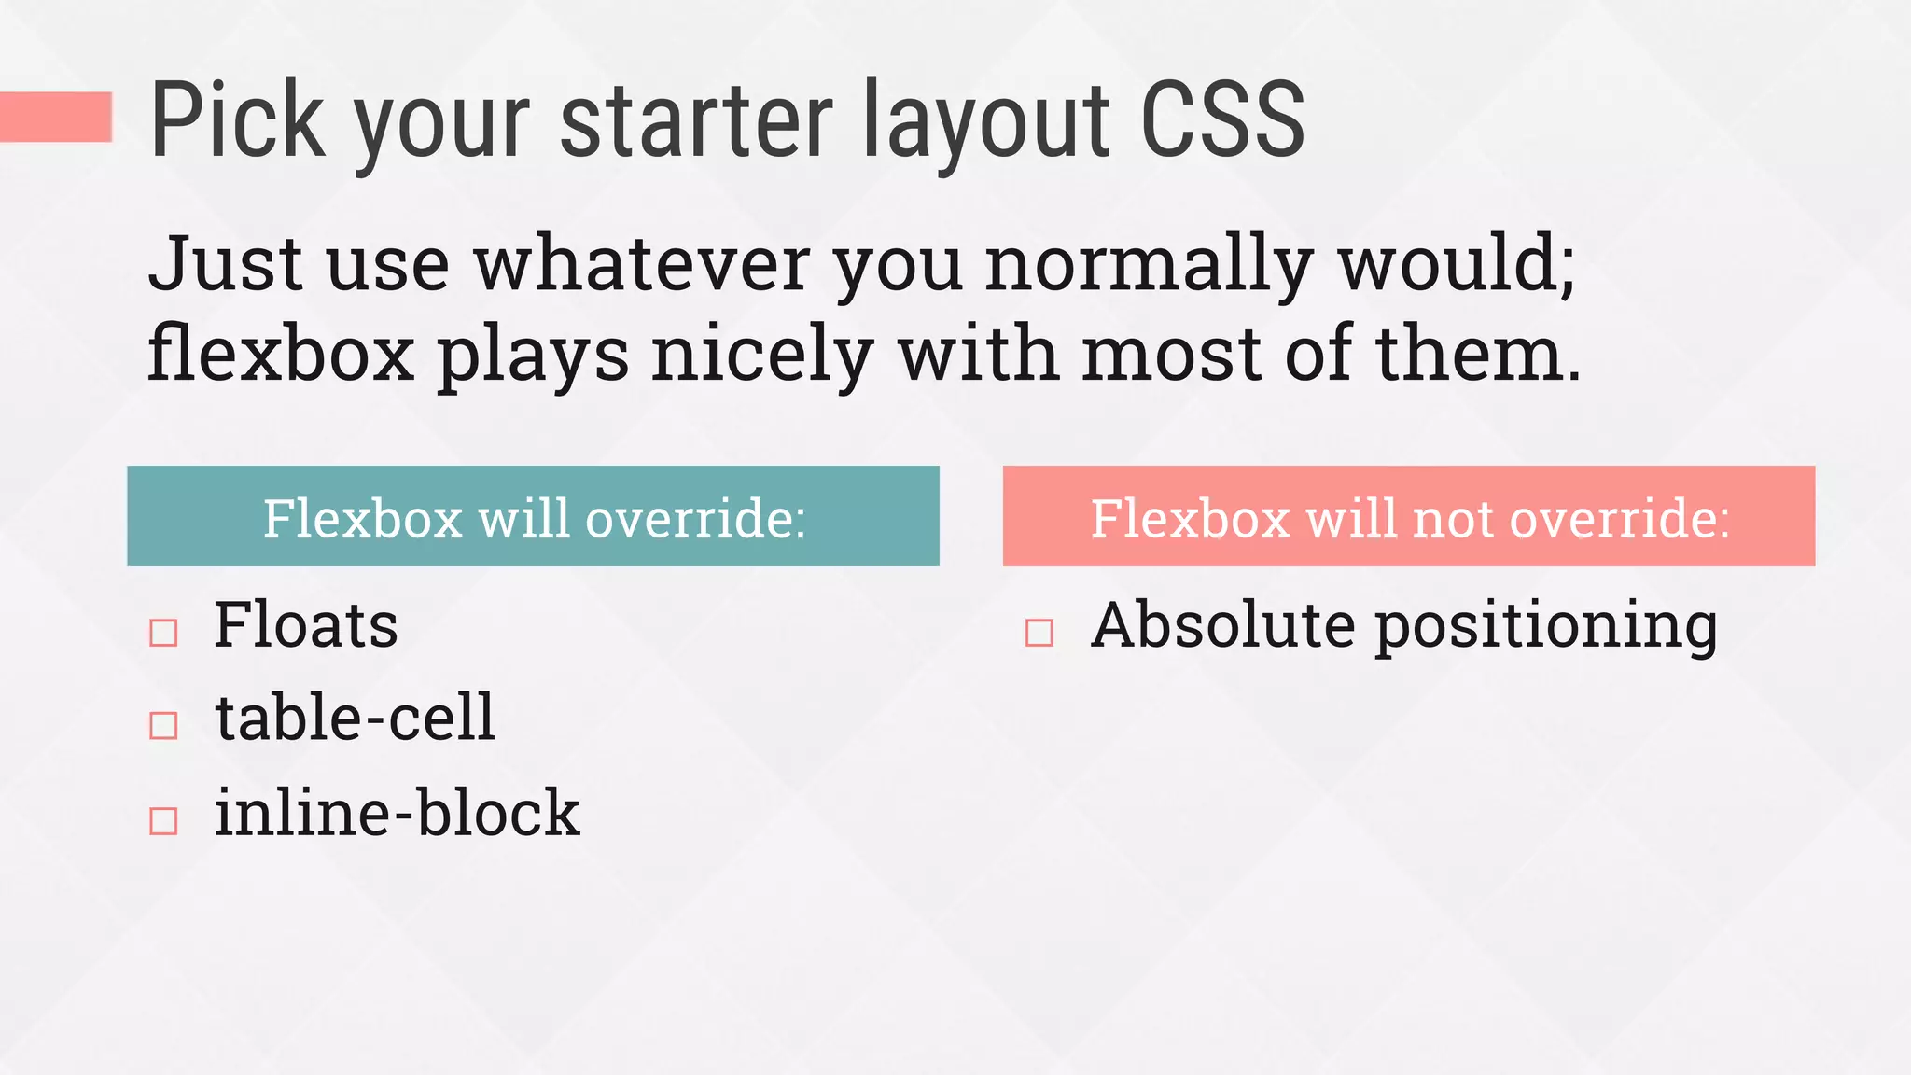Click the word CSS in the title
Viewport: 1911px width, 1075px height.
click(x=1222, y=119)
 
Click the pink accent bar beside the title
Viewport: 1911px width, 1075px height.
click(x=56, y=117)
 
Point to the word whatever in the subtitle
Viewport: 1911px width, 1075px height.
click(x=642, y=264)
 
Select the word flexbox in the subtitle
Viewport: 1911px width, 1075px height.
click(x=281, y=355)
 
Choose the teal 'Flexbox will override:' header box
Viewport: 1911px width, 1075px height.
click(x=533, y=516)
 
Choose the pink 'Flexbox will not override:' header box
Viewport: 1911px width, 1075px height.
click(x=1408, y=516)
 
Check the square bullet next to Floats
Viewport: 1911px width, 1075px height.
click(x=163, y=633)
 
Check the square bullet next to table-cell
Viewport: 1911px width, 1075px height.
click(x=163, y=725)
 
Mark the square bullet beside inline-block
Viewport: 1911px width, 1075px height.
click(x=163, y=820)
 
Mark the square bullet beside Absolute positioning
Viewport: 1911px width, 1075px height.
click(x=1039, y=633)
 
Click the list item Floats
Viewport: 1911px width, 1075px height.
click(x=305, y=625)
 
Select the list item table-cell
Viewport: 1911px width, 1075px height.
click(x=355, y=718)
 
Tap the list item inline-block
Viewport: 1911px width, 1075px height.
click(x=397, y=813)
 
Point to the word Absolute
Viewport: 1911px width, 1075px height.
click(x=1222, y=625)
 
